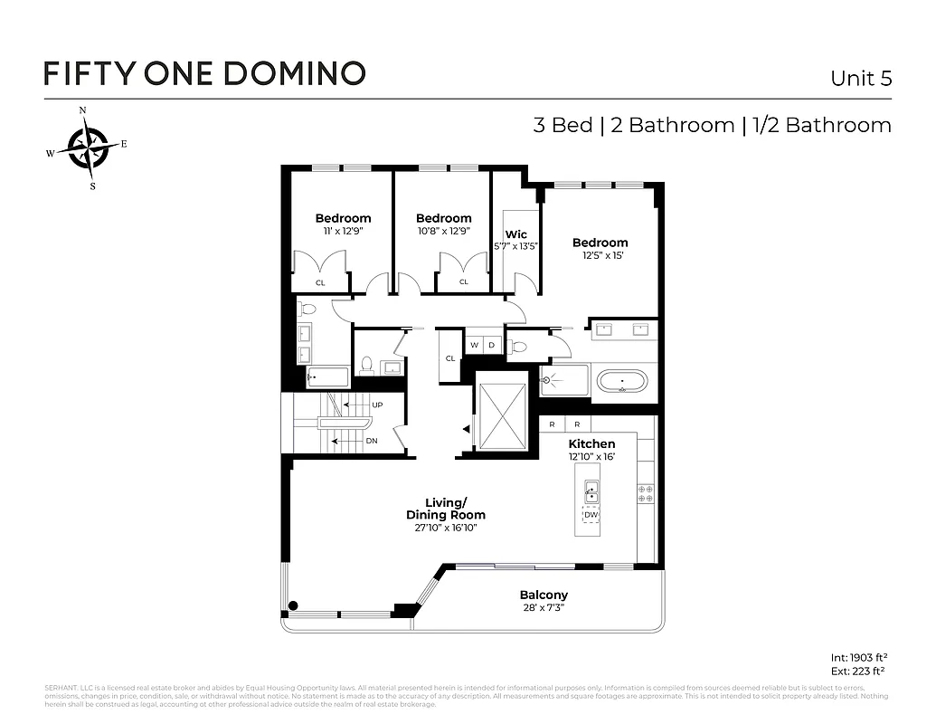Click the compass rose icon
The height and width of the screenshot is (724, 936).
[x=88, y=148]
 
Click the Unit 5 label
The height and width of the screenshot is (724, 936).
[x=860, y=78]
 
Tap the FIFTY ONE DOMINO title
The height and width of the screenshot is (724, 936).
[x=204, y=73]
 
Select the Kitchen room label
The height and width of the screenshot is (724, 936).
[x=591, y=443]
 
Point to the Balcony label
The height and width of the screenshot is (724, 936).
[x=544, y=595]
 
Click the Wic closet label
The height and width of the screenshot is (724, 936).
[x=515, y=234]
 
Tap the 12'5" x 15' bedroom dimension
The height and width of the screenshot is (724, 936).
[x=599, y=256]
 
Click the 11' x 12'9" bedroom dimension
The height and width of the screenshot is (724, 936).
[x=343, y=232]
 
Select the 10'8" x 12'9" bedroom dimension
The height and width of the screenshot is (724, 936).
[x=443, y=232]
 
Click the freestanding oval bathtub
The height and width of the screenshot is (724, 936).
[x=621, y=380]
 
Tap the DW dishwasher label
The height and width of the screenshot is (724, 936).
[x=591, y=515]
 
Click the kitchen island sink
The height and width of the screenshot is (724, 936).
[x=591, y=491]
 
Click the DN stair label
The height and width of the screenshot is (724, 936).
[x=371, y=442]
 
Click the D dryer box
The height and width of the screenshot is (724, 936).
[x=491, y=345]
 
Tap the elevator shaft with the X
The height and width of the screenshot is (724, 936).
[x=501, y=415]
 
